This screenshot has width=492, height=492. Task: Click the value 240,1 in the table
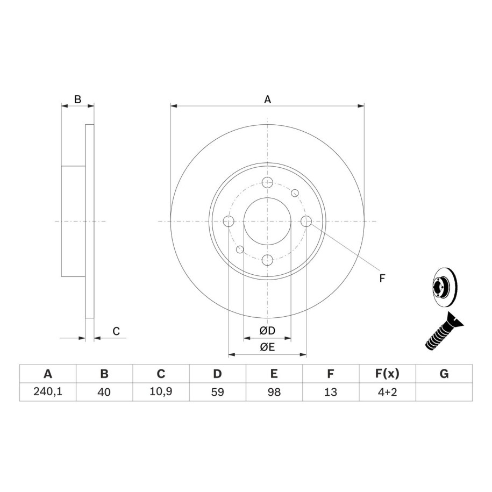[x=48, y=392]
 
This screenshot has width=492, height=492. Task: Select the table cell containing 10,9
[x=161, y=392]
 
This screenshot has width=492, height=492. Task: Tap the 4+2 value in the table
[x=387, y=392]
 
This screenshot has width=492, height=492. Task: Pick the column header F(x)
[x=387, y=374]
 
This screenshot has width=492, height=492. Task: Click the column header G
[x=444, y=374]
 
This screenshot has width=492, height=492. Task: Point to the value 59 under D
[x=217, y=392]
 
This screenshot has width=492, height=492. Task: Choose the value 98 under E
[x=274, y=392]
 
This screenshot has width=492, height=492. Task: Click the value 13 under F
[x=331, y=392]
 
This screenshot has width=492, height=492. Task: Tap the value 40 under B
[x=104, y=392]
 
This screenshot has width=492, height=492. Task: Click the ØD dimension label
[x=267, y=330]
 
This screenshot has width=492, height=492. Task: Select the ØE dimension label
[x=267, y=347]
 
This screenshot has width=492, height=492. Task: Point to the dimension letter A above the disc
[x=267, y=99]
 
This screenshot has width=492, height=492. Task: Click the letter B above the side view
[x=77, y=99]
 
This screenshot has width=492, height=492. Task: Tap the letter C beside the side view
[x=116, y=331]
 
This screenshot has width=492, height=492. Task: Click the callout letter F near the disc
[x=382, y=278]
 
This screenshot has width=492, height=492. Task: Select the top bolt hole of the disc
[x=267, y=182]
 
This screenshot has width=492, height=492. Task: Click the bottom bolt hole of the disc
[x=267, y=260]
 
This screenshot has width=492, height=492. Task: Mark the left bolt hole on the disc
[x=229, y=221]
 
